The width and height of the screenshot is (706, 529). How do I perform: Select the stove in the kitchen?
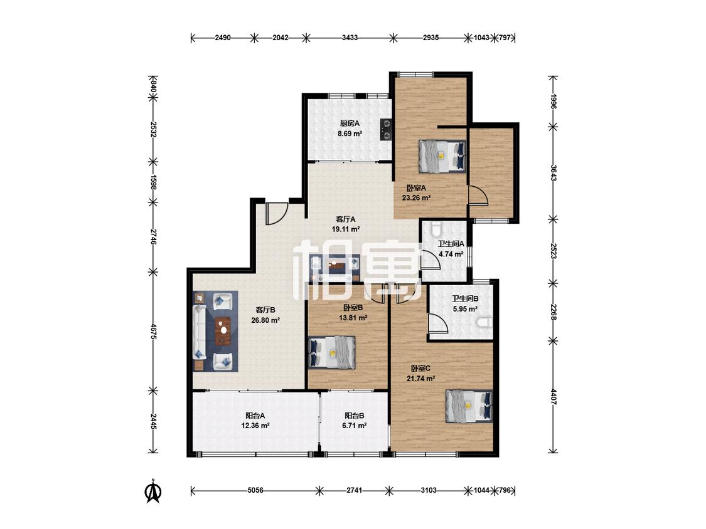(386, 130)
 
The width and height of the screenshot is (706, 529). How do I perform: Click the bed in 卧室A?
(442, 156)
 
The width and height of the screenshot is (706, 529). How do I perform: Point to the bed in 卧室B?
(332, 353)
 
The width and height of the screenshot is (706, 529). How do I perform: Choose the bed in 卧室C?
(469, 406)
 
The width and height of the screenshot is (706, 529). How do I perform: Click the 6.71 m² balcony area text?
(355, 426)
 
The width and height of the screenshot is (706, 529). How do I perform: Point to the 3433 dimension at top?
(350, 38)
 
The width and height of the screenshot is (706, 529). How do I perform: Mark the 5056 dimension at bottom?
(255, 490)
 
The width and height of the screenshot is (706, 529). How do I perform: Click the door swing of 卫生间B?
(437, 323)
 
